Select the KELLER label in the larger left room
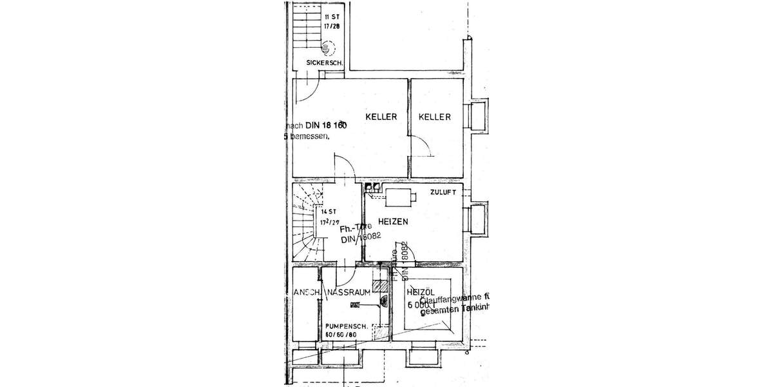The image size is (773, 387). pyautogui.click(x=380, y=117)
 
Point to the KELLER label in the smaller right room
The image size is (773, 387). pyautogui.click(x=434, y=117)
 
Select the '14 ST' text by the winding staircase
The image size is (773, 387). pyautogui.click(x=329, y=211)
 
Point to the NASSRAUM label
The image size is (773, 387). pyautogui.click(x=348, y=292)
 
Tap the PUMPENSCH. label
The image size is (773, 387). pyautogui.click(x=346, y=326)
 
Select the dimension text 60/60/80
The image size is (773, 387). pyautogui.click(x=341, y=335)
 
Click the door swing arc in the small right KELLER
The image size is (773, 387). pyautogui.click(x=422, y=145)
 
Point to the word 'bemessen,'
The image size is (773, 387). pyautogui.click(x=309, y=137)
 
